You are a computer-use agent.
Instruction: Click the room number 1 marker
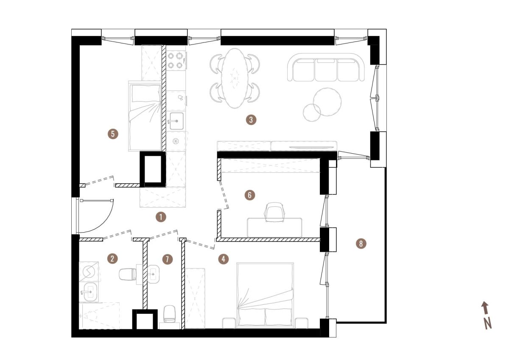161,217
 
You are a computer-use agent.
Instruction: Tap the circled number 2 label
112,259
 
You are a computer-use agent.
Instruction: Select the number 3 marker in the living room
251,120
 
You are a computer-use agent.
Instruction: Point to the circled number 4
224,259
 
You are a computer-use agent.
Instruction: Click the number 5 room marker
113,134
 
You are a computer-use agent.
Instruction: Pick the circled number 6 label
250,195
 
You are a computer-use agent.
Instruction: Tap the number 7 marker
168,259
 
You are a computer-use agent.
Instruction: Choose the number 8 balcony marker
361,244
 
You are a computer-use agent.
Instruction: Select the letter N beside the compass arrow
487,323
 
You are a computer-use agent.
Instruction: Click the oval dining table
235,78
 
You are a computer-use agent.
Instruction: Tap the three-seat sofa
326,67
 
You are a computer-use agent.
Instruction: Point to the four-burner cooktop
176,60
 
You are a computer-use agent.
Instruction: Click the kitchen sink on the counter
176,121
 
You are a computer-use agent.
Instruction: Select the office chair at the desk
274,212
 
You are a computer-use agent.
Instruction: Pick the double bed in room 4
265,295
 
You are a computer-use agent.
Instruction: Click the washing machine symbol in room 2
89,272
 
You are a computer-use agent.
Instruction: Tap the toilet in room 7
170,314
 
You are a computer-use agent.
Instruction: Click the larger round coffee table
327,102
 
